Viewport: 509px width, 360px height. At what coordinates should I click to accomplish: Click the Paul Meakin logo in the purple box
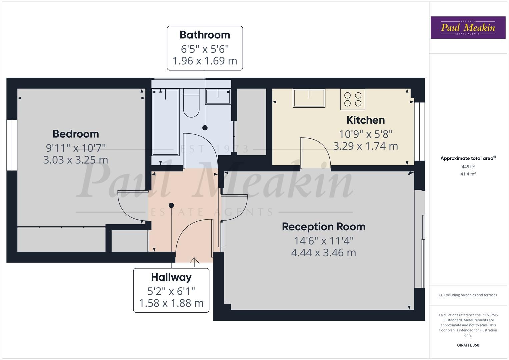click(x=468, y=28)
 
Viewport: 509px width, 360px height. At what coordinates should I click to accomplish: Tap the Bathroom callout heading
click(x=205, y=35)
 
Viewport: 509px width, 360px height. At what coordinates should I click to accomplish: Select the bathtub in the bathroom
click(x=165, y=122)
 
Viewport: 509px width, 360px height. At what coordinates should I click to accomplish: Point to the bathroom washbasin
click(x=218, y=96)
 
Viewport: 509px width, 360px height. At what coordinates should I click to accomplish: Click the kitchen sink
click(x=309, y=98)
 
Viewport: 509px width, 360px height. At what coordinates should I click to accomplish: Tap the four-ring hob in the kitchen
click(x=353, y=99)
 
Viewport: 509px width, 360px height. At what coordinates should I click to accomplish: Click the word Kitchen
click(x=365, y=120)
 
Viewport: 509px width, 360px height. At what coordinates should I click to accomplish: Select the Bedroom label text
click(x=76, y=134)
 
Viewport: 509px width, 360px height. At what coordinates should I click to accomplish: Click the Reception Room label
click(x=323, y=227)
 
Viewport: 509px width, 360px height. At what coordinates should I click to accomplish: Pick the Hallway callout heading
click(x=171, y=277)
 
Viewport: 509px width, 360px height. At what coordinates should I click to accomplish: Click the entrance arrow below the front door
click(x=194, y=261)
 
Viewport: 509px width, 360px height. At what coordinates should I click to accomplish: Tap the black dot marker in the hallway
click(x=171, y=205)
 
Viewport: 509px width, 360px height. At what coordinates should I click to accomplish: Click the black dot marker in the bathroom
click(x=205, y=128)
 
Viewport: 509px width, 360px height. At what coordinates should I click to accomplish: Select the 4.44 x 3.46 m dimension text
click(x=323, y=253)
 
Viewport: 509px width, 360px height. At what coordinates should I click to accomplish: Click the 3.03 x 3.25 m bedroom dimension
click(x=76, y=160)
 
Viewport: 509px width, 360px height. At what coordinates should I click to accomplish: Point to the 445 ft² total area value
click(x=468, y=167)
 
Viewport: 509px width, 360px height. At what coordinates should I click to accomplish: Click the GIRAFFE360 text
click(x=468, y=345)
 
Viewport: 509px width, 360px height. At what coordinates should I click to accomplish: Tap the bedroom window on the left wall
click(x=12, y=145)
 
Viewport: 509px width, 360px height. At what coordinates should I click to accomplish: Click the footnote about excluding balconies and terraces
click(x=468, y=295)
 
